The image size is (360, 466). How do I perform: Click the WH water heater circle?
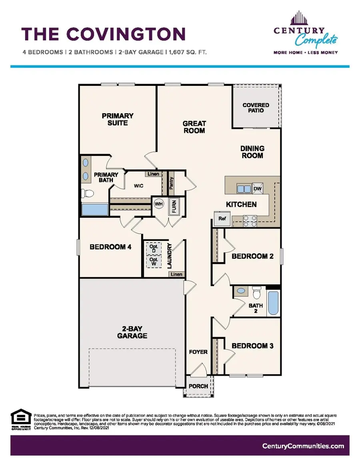[x=158, y=203]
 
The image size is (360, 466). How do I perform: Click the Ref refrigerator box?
[x=222, y=219]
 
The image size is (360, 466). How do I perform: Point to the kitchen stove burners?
[x=250, y=221]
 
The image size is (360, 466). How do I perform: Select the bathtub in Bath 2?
[x=274, y=303]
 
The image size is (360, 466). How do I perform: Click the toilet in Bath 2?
[x=257, y=294]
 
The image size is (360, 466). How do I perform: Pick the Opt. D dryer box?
[x=153, y=248]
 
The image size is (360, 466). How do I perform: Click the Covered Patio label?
[x=256, y=108]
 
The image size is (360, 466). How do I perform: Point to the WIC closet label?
[x=139, y=186]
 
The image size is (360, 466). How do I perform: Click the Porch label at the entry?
[x=198, y=386]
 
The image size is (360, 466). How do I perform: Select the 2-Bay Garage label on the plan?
[x=132, y=332]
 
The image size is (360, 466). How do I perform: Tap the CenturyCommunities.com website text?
[x=303, y=446]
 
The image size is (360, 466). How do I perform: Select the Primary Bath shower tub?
[x=94, y=210]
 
